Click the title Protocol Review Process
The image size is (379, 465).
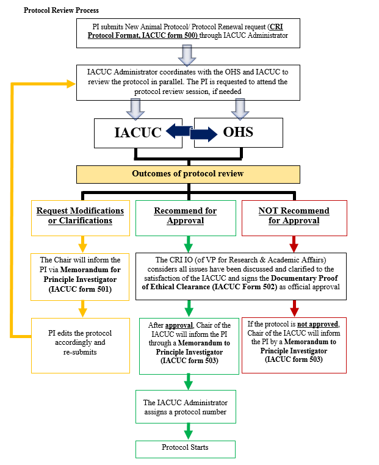click(x=61, y=10)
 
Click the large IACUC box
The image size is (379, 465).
click(x=137, y=132)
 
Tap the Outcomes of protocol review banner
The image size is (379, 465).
click(x=188, y=174)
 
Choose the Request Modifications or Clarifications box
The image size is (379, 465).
click(x=80, y=215)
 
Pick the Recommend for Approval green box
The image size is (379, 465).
click(x=185, y=215)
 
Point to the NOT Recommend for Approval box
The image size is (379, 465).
click(x=294, y=215)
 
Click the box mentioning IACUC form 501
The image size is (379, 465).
click(x=80, y=277)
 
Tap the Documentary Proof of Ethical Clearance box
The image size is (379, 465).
click(x=241, y=277)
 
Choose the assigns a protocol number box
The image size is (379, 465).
click(x=186, y=408)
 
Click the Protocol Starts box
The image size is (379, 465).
click(x=186, y=448)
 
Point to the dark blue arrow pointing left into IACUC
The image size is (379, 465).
click(x=179, y=129)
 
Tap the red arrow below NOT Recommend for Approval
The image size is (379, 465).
click(x=294, y=245)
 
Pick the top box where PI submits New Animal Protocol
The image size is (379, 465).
click(x=187, y=34)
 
